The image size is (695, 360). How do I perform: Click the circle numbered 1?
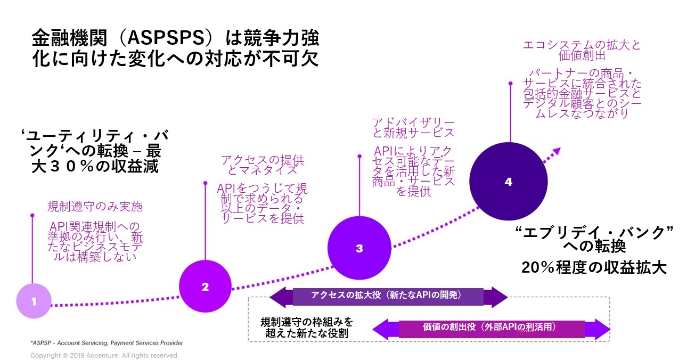[34, 301]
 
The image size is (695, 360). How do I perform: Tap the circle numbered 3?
[359, 248]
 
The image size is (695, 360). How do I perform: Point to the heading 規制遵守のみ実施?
[95, 206]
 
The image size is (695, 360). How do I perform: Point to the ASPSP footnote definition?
[107, 343]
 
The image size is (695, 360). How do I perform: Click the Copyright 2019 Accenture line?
[104, 355]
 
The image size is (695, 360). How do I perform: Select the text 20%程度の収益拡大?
[594, 268]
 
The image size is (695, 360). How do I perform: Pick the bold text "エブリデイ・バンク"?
[595, 233]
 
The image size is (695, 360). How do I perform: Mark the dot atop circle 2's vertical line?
[205, 184]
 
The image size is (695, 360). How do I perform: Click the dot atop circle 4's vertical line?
[510, 84]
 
